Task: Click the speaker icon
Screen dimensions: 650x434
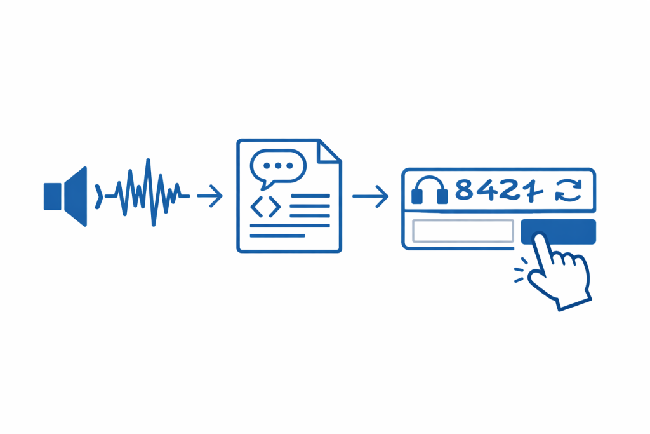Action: tap(65, 196)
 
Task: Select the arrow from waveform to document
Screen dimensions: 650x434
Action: tap(209, 196)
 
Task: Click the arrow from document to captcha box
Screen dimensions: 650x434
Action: tap(370, 196)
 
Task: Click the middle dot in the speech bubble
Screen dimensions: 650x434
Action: tap(278, 166)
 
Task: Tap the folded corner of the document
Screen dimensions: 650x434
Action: tap(329, 151)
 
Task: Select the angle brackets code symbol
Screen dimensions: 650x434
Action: tap(266, 207)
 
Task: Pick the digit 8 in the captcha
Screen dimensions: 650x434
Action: tap(464, 189)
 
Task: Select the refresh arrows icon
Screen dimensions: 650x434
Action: tap(569, 191)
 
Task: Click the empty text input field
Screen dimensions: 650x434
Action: tap(463, 231)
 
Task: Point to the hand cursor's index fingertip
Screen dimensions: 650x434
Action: tap(540, 236)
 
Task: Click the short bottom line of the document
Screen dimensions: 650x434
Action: tap(277, 236)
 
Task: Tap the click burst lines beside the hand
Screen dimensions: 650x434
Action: tap(521, 269)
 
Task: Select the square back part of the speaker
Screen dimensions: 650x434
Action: tap(53, 196)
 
